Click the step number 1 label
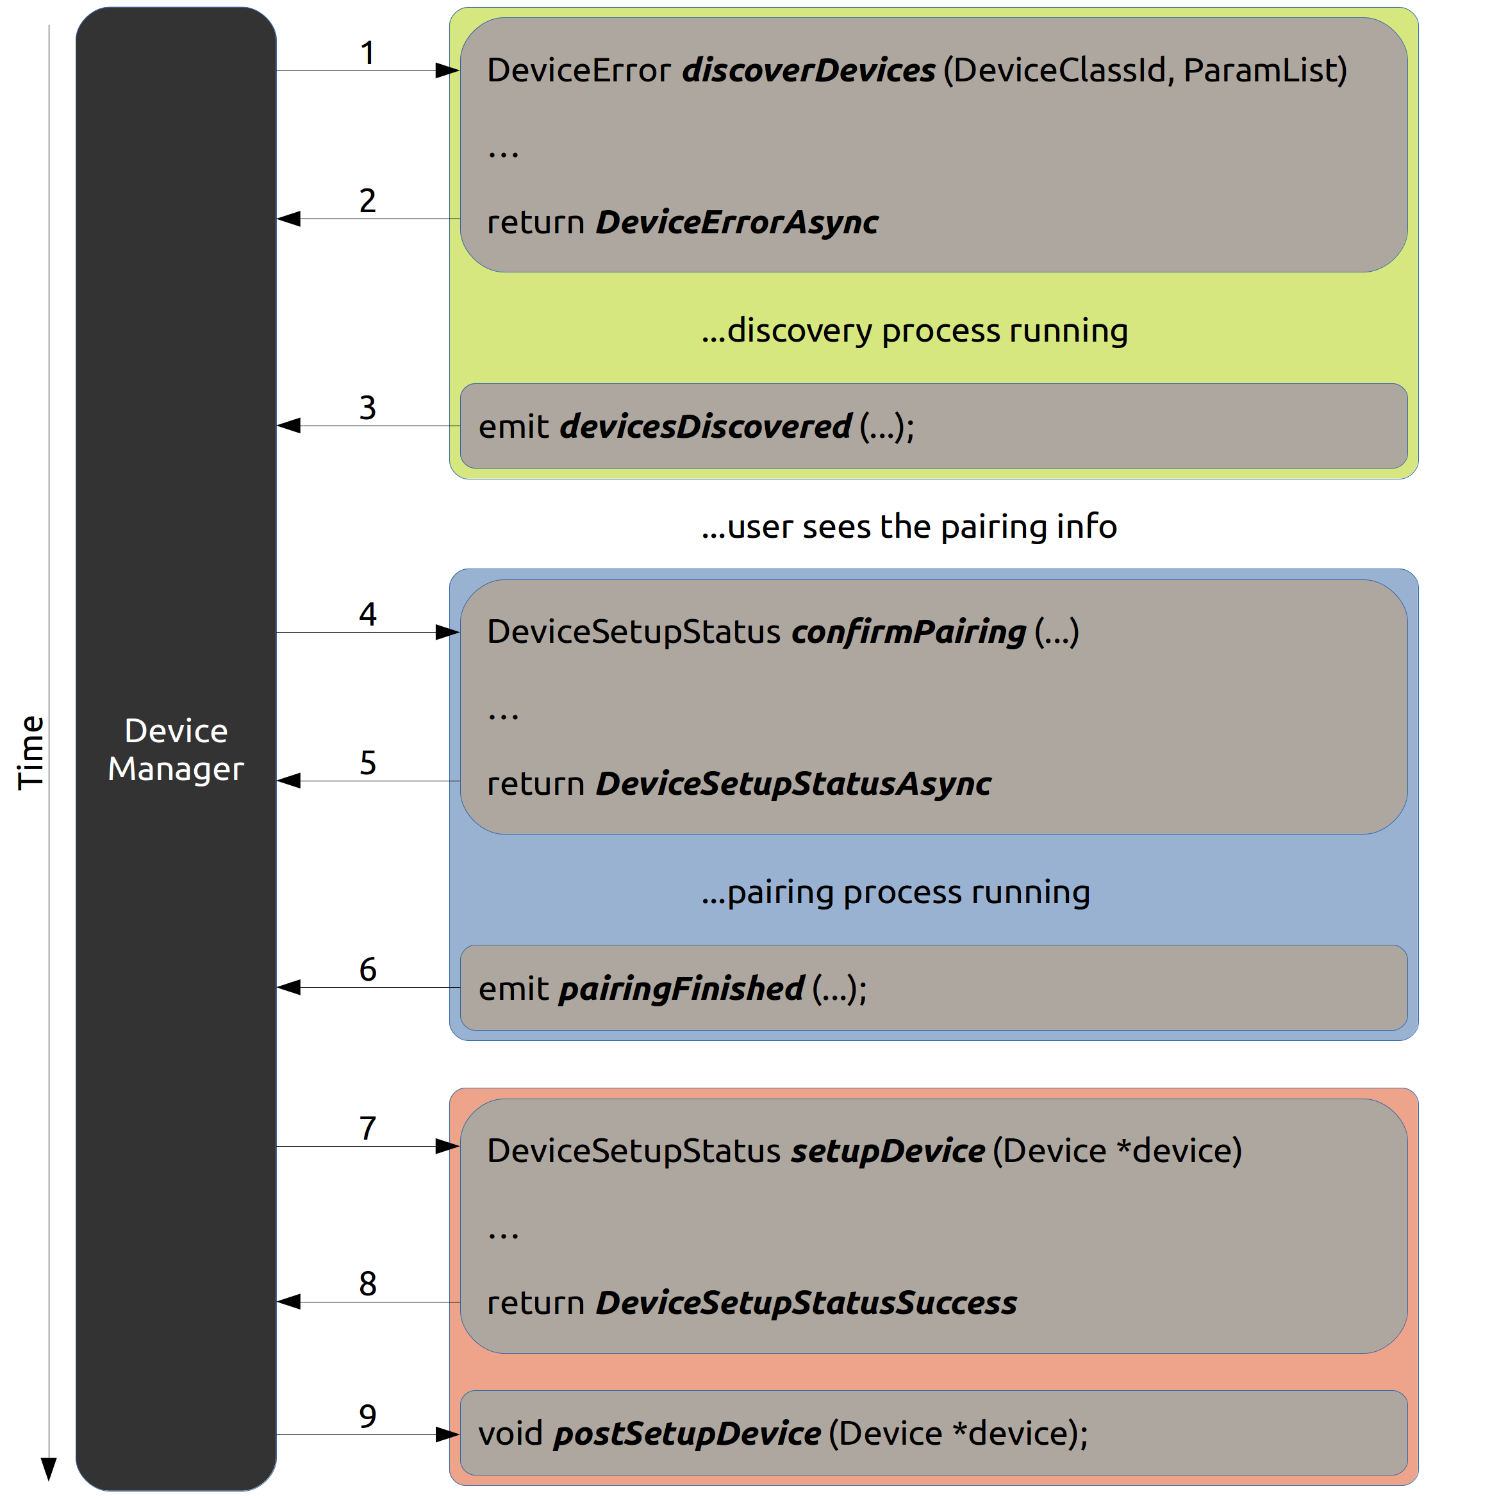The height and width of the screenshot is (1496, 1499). coord(368,53)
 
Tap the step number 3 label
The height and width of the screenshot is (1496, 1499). coord(368,408)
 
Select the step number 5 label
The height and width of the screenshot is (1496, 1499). coord(368,763)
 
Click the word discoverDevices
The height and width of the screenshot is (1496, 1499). coord(809,71)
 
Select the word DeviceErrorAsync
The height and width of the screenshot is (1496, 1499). coord(737,222)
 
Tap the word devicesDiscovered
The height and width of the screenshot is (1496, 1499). coord(705,427)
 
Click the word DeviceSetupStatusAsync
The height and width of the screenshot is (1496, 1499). coord(793,785)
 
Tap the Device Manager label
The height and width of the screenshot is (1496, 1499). coord(176,749)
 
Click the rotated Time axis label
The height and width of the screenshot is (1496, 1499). coord(31,752)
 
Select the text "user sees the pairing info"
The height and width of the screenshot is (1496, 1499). coord(922,527)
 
